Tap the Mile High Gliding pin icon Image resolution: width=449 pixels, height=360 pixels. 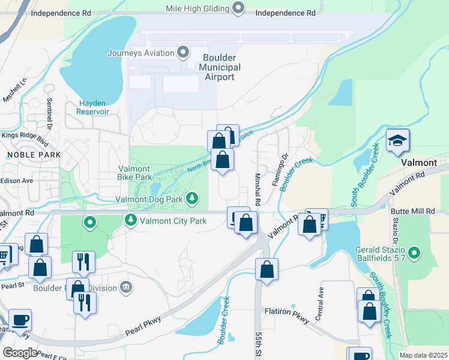tap(238, 8)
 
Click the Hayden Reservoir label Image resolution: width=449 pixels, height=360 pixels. tap(93, 107)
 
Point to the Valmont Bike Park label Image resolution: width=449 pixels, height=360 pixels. tap(135, 173)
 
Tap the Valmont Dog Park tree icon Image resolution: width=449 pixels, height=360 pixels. tap(192, 197)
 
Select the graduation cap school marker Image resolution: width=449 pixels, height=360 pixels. tap(397, 141)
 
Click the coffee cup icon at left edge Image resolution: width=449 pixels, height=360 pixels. tap(20, 320)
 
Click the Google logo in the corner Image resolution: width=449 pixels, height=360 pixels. tap(19, 353)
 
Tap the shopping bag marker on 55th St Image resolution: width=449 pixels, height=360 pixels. tap(267, 269)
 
